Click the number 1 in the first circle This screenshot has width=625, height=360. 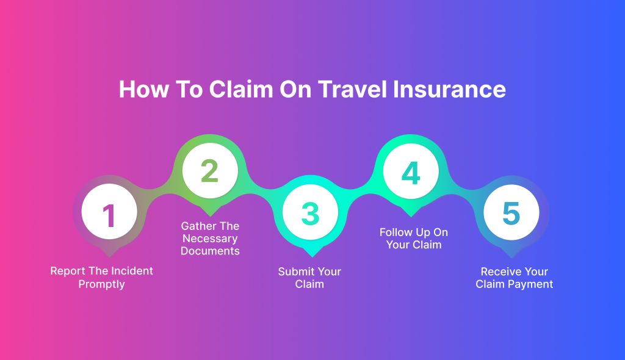coord(109,215)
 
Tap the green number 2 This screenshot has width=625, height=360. coord(210,171)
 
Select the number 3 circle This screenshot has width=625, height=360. coord(310,212)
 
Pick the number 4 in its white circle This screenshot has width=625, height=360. coord(411,173)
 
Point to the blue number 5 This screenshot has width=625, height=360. coord(511,213)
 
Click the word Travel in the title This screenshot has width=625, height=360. coord(353,89)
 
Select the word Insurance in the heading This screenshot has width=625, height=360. coord(449,89)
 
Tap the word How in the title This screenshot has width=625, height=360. coord(144,89)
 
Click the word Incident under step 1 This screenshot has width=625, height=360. coord(132,271)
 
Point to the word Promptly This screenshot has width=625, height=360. coord(102,285)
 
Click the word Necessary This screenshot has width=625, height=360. coord(210,239)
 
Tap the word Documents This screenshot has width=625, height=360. coord(210,251)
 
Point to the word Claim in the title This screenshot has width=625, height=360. coord(240,89)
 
